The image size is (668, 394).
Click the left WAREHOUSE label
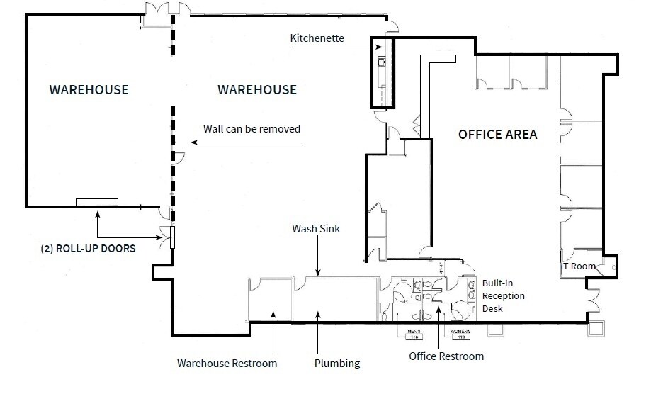click(89, 90)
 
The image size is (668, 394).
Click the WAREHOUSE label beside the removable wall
click(256, 90)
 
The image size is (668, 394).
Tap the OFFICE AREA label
click(497, 134)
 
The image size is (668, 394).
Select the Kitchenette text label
click(317, 38)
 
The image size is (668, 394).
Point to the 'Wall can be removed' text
click(251, 129)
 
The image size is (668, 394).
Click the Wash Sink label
click(317, 230)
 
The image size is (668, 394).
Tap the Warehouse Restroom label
click(227, 364)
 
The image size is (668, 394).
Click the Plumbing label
click(337, 364)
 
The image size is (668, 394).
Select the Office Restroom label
click(446, 356)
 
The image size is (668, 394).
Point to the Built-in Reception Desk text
click(504, 295)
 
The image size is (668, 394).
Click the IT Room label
click(577, 266)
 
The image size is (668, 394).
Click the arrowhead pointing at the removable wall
click(193, 142)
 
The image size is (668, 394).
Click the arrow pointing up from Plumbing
click(318, 313)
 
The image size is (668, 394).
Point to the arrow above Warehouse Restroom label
click(272, 313)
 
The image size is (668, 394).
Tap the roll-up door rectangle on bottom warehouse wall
click(97, 203)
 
